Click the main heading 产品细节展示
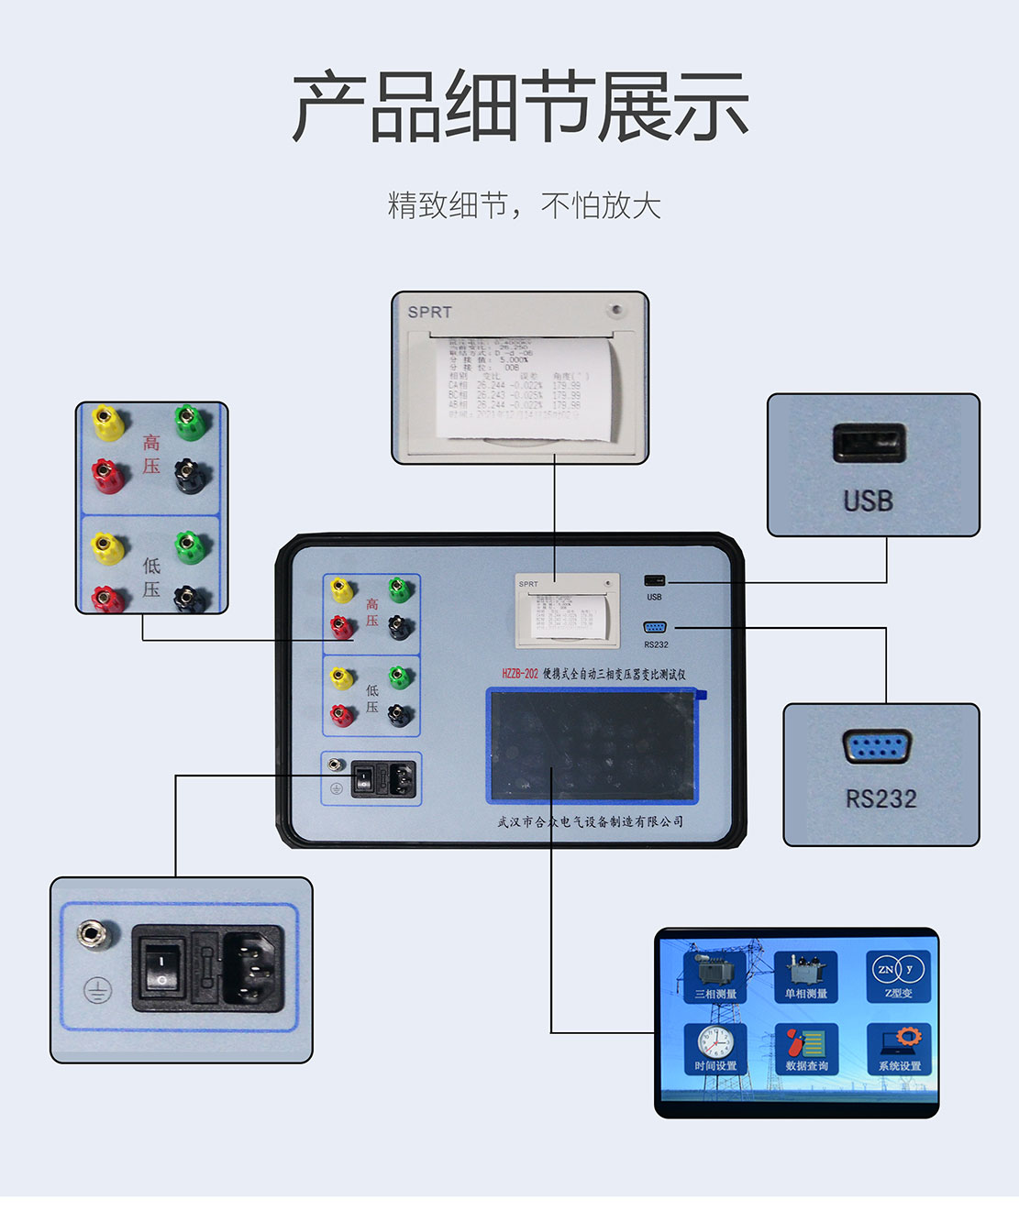[520, 108]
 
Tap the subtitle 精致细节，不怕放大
[524, 204]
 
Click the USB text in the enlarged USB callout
[868, 501]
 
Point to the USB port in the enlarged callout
[869, 444]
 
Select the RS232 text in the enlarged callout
[881, 798]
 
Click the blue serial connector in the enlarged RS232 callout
[877, 747]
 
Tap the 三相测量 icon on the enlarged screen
[715, 975]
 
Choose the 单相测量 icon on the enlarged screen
[805, 975]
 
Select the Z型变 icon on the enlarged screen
[898, 975]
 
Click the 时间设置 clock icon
[715, 1048]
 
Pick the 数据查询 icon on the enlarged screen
[806, 1048]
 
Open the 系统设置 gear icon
[899, 1048]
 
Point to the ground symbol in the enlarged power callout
[98, 990]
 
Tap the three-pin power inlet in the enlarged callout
[250, 968]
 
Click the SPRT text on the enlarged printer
[429, 312]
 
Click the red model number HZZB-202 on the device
[519, 674]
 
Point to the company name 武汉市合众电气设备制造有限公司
[590, 821]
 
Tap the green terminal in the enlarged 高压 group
[189, 421]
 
